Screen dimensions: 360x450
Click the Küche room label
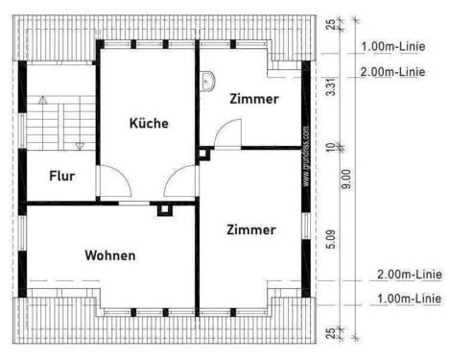149,123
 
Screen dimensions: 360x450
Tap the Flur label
62,177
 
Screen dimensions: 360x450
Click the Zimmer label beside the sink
254,98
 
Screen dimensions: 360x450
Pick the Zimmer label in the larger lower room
251,229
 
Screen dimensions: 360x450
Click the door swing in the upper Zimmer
226,136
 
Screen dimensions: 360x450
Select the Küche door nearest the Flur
111,182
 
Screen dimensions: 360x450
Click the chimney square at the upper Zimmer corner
202,152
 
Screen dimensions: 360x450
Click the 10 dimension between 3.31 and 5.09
332,147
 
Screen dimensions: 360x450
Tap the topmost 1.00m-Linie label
393,46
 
